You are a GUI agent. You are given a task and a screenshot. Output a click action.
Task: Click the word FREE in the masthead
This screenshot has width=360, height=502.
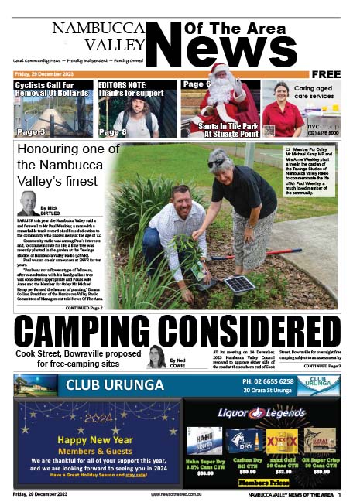325,74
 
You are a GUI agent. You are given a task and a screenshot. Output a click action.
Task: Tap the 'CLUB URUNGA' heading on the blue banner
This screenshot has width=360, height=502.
103,385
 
